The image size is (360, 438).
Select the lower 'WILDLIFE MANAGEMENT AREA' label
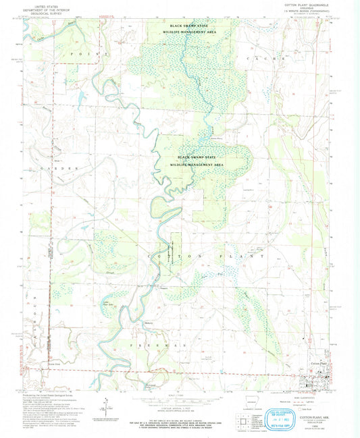pyautogui.click(x=197, y=164)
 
